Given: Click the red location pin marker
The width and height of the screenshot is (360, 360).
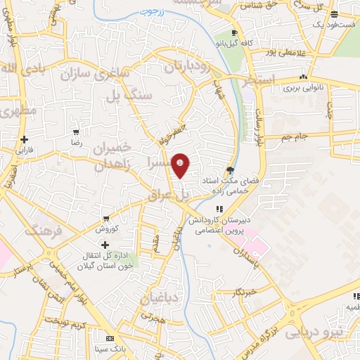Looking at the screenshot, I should click(181, 165).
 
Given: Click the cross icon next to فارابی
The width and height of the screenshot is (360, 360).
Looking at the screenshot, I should click(25, 139).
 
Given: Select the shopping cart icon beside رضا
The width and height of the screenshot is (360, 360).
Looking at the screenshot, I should click(76, 132).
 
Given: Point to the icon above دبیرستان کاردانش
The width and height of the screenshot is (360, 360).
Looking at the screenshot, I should click(219, 209).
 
